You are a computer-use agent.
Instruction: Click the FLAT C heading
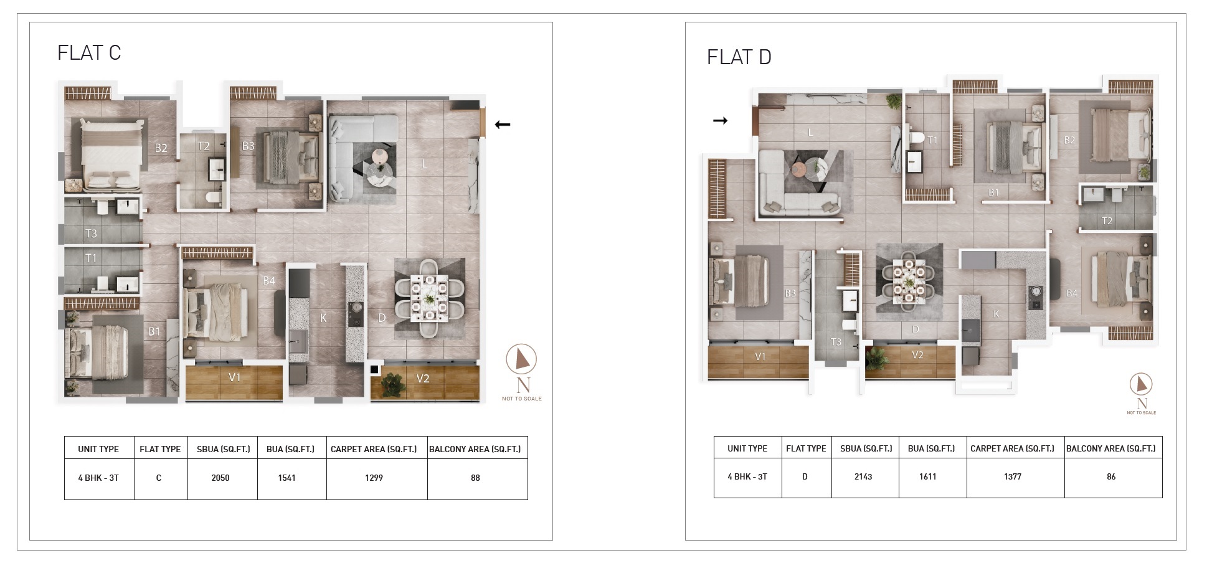tap(89, 53)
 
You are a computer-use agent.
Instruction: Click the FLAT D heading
tap(739, 57)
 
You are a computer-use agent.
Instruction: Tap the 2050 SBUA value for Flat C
tap(220, 478)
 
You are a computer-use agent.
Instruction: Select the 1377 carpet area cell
tap(1013, 477)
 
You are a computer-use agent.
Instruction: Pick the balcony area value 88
tap(476, 478)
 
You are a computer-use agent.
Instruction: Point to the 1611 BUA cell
tap(928, 477)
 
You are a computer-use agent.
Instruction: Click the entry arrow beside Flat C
tap(503, 125)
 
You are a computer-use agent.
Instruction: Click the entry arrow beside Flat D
tap(720, 121)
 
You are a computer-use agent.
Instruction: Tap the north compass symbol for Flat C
tap(521, 359)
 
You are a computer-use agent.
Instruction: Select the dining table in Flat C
tap(429, 299)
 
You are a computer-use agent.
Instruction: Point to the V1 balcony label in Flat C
tap(235, 377)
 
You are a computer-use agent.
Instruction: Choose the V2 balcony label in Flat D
tap(917, 355)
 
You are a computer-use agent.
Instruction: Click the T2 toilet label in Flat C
tap(204, 146)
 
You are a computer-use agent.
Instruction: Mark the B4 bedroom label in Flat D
tap(1072, 293)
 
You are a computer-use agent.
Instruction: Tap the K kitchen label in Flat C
tap(323, 318)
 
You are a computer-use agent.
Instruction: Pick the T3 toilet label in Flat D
tap(836, 342)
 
